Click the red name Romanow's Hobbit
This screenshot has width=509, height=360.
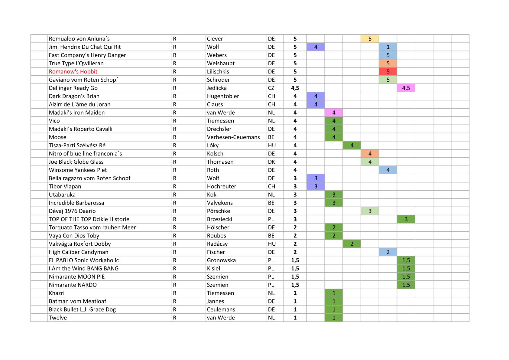tap(73, 72)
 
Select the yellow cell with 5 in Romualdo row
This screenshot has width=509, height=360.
tap(370, 39)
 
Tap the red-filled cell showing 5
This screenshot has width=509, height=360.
tap(388, 72)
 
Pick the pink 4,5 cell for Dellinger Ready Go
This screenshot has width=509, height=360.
tap(406, 88)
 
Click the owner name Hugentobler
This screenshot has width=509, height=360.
tap(223, 96)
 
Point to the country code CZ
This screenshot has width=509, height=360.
tap(271, 88)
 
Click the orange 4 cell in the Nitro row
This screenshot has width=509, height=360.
tap(370, 154)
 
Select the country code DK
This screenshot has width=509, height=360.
tap(271, 162)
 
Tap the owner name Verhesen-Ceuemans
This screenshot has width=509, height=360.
tap(233, 137)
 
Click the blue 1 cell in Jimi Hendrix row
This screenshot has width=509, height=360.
tap(388, 47)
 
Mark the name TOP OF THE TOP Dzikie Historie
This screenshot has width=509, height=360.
tap(89, 219)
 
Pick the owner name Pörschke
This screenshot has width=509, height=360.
tap(218, 211)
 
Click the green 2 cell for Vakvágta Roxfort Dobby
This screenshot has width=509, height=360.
tap(352, 244)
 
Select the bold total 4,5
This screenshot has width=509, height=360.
tap(295, 88)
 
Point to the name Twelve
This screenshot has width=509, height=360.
tap(58, 318)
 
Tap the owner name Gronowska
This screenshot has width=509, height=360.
tap(221, 260)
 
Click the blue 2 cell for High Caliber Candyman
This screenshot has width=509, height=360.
tap(388, 252)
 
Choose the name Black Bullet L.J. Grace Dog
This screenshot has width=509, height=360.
tap(82, 309)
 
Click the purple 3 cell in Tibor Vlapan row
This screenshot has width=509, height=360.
tap(316, 186)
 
